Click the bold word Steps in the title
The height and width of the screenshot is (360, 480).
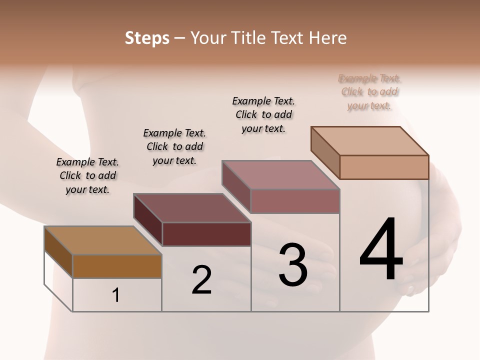147,38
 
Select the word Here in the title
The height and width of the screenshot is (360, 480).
328,38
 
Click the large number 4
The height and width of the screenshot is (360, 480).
381,249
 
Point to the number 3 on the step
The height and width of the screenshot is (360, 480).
293,265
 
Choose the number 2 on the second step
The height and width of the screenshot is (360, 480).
201,280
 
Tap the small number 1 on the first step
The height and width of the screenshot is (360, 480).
116,295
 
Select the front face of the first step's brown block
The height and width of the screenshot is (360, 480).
117,266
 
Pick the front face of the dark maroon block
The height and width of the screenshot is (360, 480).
206,234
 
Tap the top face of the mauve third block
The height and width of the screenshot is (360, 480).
280,175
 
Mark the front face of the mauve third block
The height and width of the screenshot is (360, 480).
295,201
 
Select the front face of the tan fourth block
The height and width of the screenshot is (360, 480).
384,167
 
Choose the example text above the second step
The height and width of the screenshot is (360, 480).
174,146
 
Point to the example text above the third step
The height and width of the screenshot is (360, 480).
263,114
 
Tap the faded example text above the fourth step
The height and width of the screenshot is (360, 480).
369,92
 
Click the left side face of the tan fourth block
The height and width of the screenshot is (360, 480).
325,152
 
